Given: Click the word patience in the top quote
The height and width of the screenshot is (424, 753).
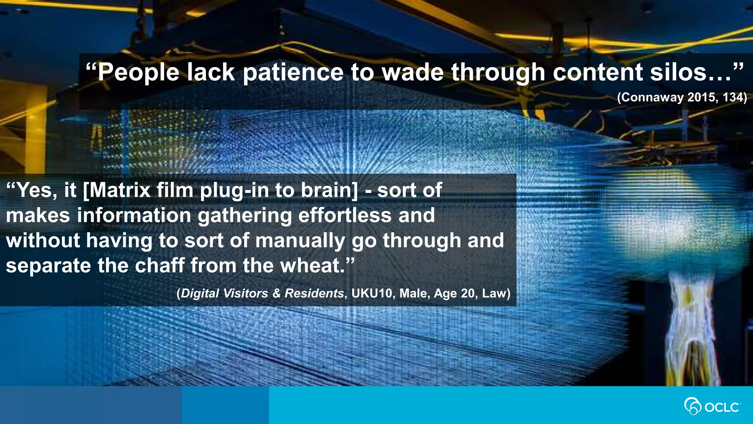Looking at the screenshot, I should click(293, 72).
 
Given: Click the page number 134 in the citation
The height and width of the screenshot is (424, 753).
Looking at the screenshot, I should click(734, 97).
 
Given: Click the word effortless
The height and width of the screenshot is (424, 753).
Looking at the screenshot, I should click(345, 215).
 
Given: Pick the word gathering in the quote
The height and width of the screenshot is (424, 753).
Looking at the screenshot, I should click(245, 216).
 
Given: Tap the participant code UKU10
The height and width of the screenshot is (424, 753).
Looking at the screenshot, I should click(372, 293).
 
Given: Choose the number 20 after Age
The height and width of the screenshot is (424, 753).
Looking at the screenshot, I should click(468, 293).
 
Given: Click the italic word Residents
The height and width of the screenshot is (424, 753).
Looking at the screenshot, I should click(314, 293).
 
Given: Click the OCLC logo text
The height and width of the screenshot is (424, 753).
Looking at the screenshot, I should click(722, 407).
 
